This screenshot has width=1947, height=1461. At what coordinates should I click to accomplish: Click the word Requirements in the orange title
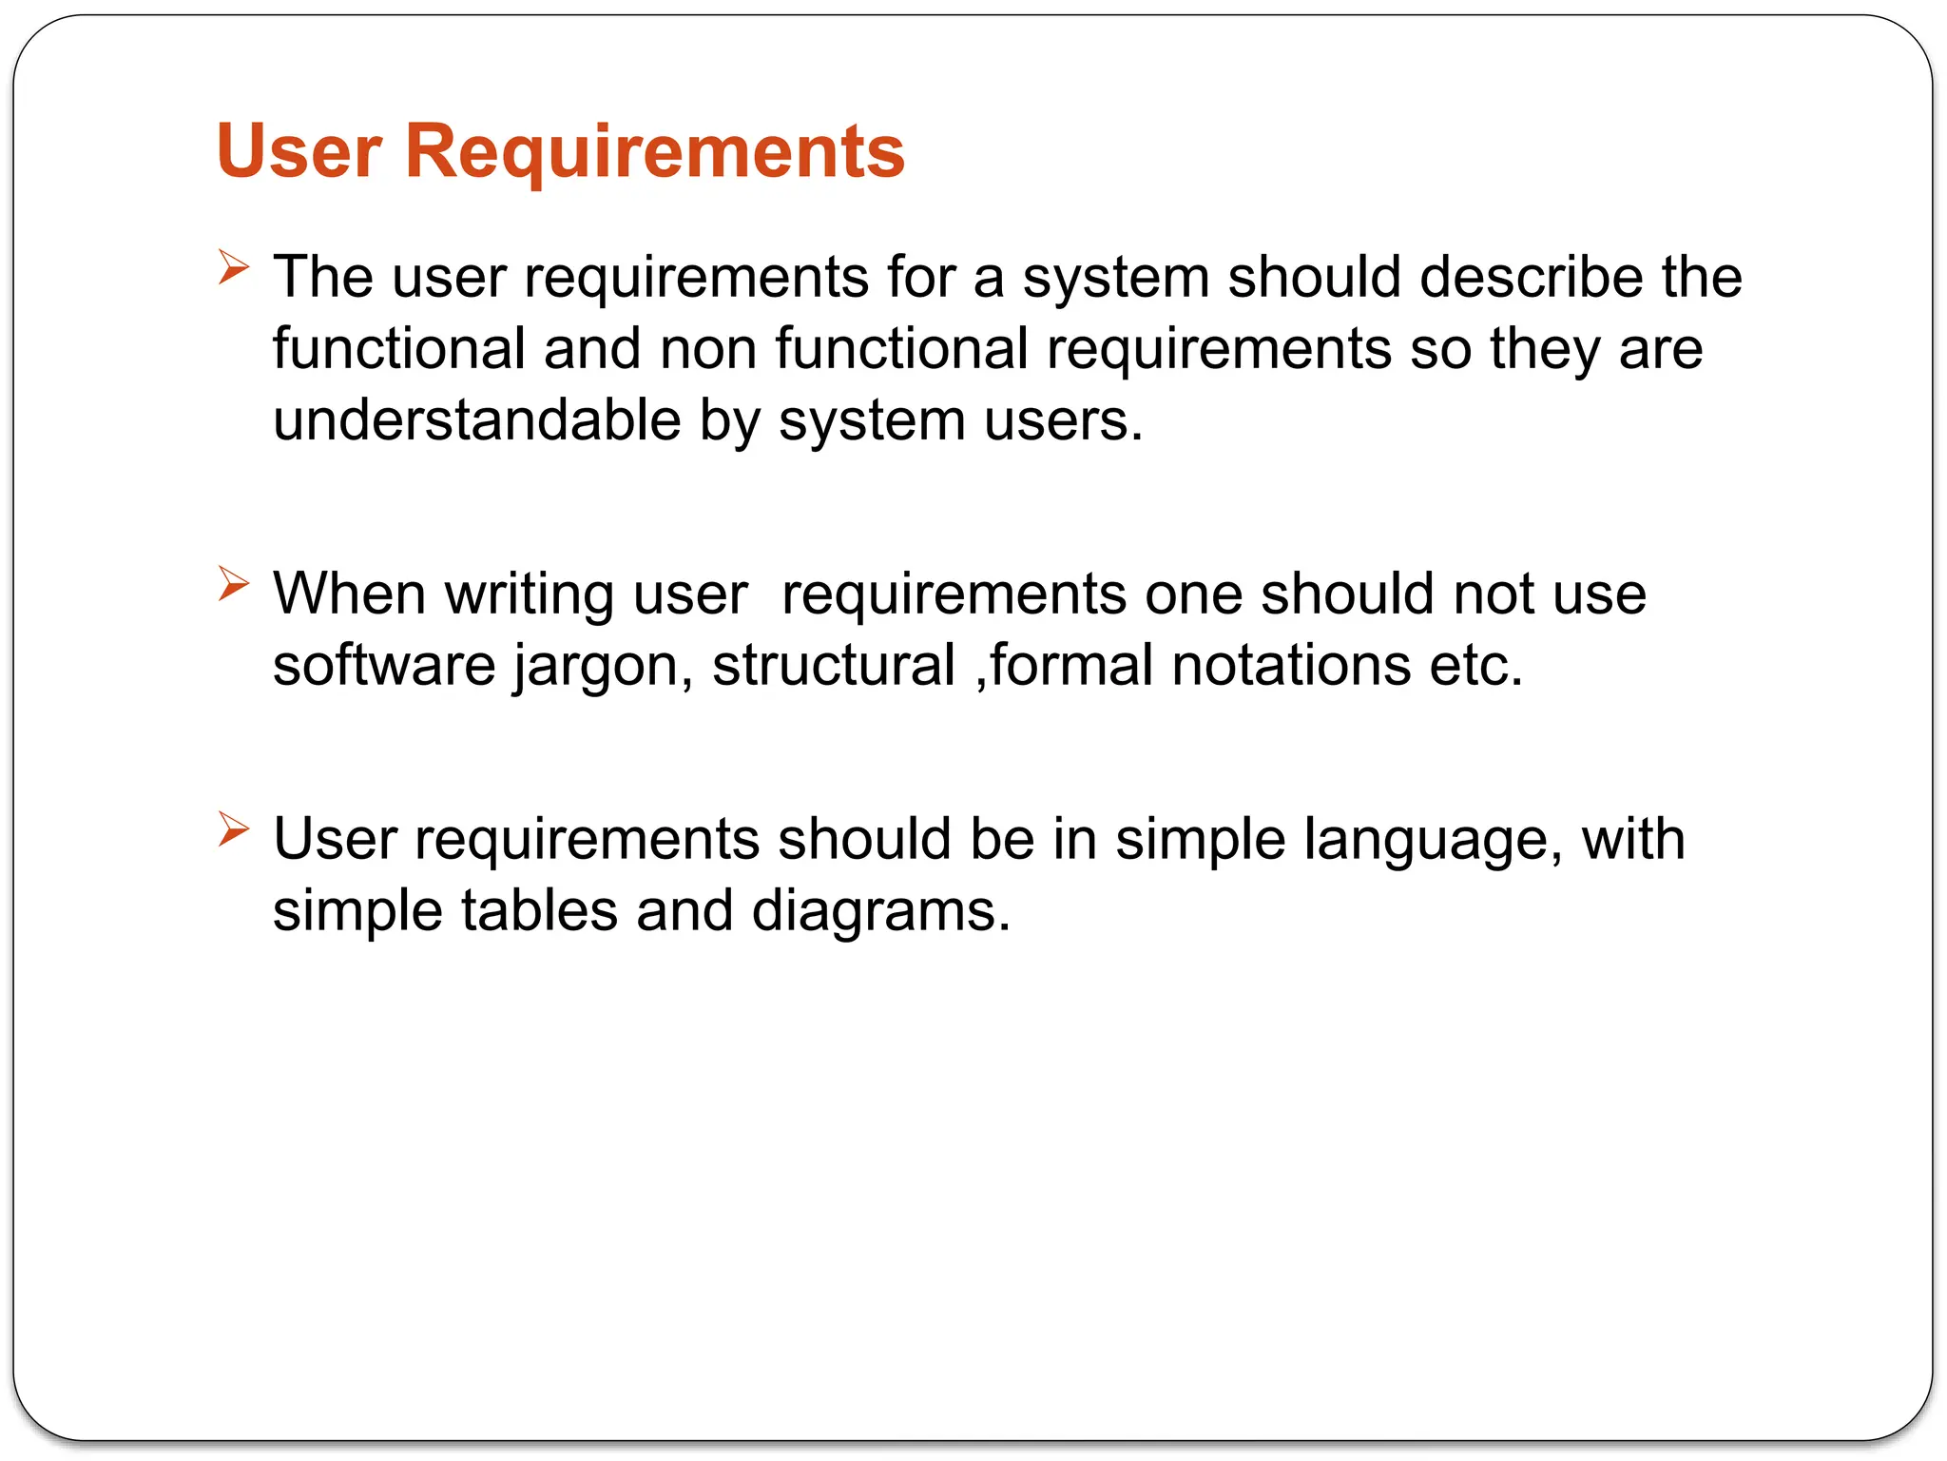[655, 152]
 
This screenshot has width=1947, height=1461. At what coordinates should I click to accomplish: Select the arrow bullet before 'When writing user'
[233, 583]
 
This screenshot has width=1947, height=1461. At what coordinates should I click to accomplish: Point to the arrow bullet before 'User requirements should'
[233, 828]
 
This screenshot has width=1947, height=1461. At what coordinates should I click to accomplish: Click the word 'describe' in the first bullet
[1531, 277]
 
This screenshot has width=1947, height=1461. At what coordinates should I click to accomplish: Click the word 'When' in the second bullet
[349, 594]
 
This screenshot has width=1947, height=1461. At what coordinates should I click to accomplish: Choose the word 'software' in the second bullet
[384, 665]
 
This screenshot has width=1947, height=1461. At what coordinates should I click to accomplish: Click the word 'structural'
[834, 665]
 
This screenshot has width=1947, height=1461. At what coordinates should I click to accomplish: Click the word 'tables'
[539, 910]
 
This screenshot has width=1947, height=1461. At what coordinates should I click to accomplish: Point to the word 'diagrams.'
[880, 912]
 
